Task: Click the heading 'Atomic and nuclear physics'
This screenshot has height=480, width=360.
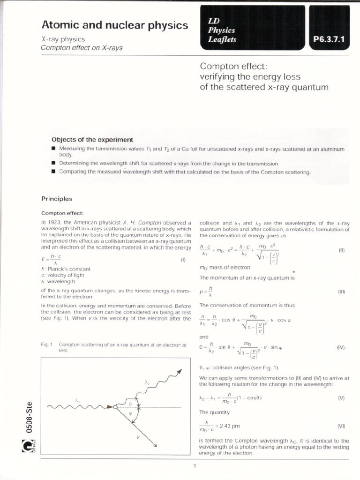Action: [115, 25]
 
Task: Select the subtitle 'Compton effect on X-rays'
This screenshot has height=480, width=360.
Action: [82, 48]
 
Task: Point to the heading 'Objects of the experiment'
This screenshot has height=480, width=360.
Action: [92, 140]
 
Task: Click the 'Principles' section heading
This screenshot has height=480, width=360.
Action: [57, 199]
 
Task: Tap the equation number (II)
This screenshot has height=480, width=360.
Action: [341, 250]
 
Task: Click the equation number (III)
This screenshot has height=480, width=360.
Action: [341, 292]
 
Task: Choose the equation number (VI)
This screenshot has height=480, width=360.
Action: [341, 426]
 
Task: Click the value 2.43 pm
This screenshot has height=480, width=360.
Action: [230, 426]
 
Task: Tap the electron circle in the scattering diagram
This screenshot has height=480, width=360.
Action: [115, 407]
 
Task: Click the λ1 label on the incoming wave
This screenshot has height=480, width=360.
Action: [78, 400]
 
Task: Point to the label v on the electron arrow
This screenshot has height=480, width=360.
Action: [138, 436]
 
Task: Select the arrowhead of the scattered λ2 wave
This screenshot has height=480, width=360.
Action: [179, 372]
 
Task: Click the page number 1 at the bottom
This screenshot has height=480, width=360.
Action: [194, 465]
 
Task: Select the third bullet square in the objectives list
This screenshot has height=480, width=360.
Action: [53, 172]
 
